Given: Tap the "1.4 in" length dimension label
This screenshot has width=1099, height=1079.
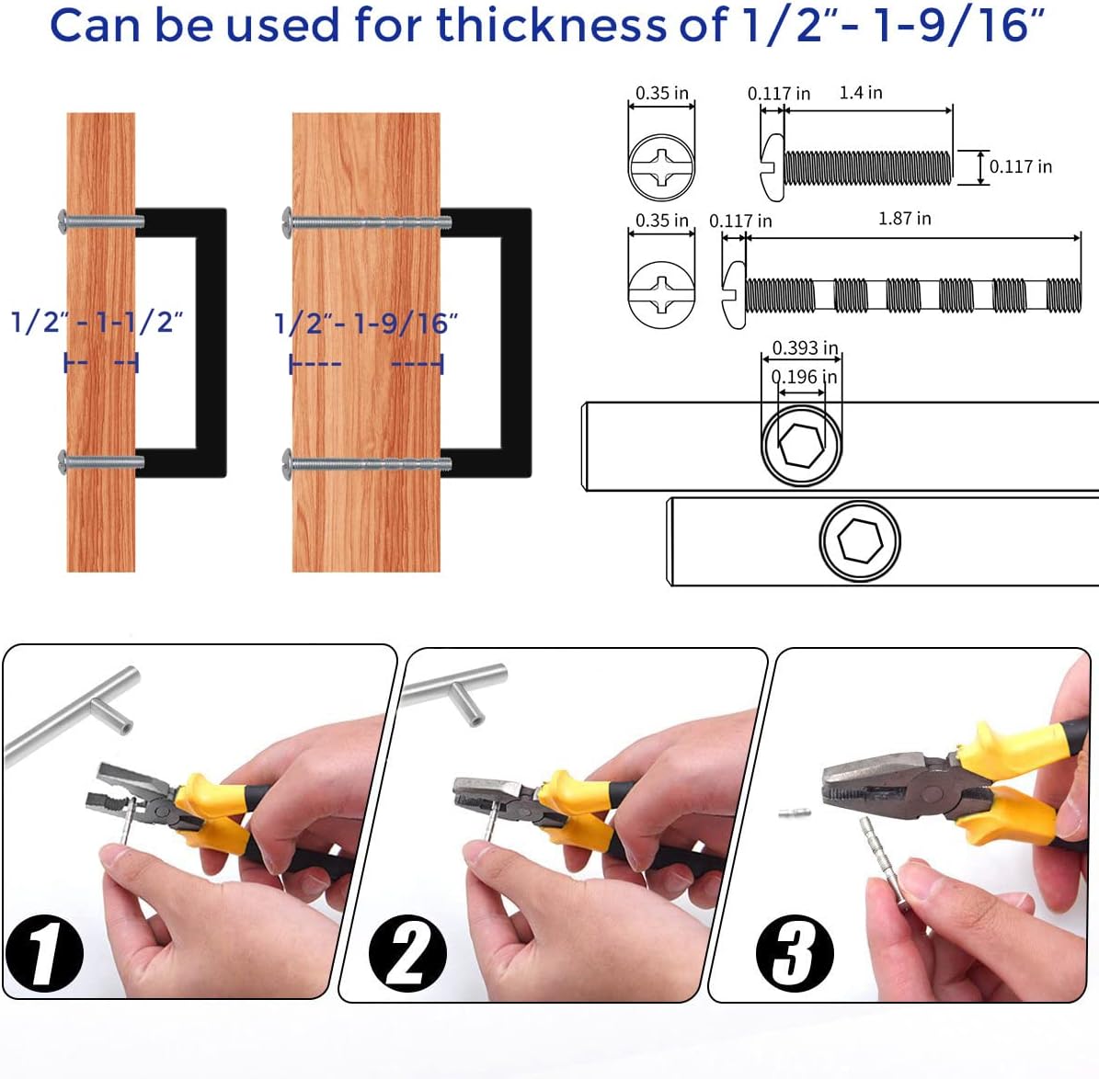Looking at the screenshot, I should click(x=860, y=93).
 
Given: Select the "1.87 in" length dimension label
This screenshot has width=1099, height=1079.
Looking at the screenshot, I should click(x=904, y=219).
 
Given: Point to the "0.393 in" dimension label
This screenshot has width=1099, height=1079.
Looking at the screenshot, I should click(x=805, y=347).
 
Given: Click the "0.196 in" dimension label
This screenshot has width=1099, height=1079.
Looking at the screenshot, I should click(x=805, y=377).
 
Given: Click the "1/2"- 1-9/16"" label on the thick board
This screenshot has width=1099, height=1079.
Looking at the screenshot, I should click(x=366, y=324).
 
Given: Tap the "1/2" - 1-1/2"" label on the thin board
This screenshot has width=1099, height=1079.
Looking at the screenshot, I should click(x=97, y=322).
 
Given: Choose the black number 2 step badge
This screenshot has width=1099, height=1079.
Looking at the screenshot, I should click(x=407, y=953).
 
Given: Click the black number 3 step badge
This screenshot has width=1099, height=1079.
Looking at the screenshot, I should click(x=795, y=953).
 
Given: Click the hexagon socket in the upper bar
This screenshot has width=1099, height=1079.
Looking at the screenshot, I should click(x=801, y=445).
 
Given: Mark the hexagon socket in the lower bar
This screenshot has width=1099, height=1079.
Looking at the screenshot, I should click(x=859, y=541).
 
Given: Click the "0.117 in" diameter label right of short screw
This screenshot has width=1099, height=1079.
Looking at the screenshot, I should click(x=1021, y=167).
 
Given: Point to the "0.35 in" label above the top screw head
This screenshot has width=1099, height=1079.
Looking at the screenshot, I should click(x=661, y=93).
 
